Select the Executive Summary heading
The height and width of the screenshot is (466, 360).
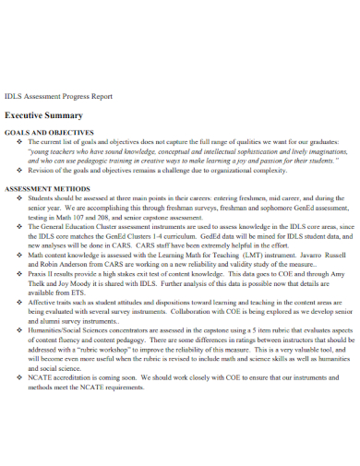(43, 116)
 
